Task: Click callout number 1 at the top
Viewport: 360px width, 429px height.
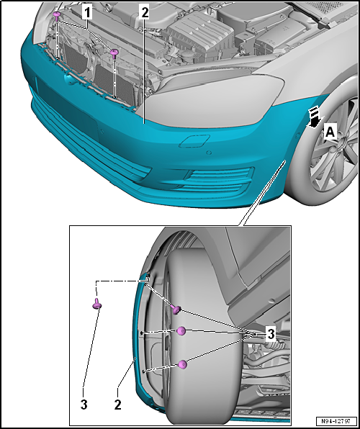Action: (88, 12)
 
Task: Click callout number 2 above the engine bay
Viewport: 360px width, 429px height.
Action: (144, 12)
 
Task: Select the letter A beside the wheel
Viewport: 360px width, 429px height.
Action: (330, 132)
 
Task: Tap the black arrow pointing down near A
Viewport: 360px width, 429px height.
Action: (314, 117)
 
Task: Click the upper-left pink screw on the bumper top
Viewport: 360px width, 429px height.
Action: (57, 16)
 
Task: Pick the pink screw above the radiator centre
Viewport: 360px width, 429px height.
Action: (114, 53)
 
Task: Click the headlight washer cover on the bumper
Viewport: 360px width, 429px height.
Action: (194, 141)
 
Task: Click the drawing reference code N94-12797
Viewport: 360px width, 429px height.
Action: (336, 421)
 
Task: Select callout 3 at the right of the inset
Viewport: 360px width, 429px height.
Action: (271, 334)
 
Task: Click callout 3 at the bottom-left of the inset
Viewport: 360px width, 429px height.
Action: (84, 405)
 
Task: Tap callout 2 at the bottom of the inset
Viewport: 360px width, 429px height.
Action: (117, 405)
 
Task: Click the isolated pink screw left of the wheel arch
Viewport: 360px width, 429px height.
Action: (97, 304)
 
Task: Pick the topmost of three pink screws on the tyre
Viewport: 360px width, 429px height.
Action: (176, 310)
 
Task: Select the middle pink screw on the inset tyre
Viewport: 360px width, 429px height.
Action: (181, 331)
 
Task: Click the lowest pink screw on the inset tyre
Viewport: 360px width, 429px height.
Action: (182, 364)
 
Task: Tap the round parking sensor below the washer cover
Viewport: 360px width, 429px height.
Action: (209, 153)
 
